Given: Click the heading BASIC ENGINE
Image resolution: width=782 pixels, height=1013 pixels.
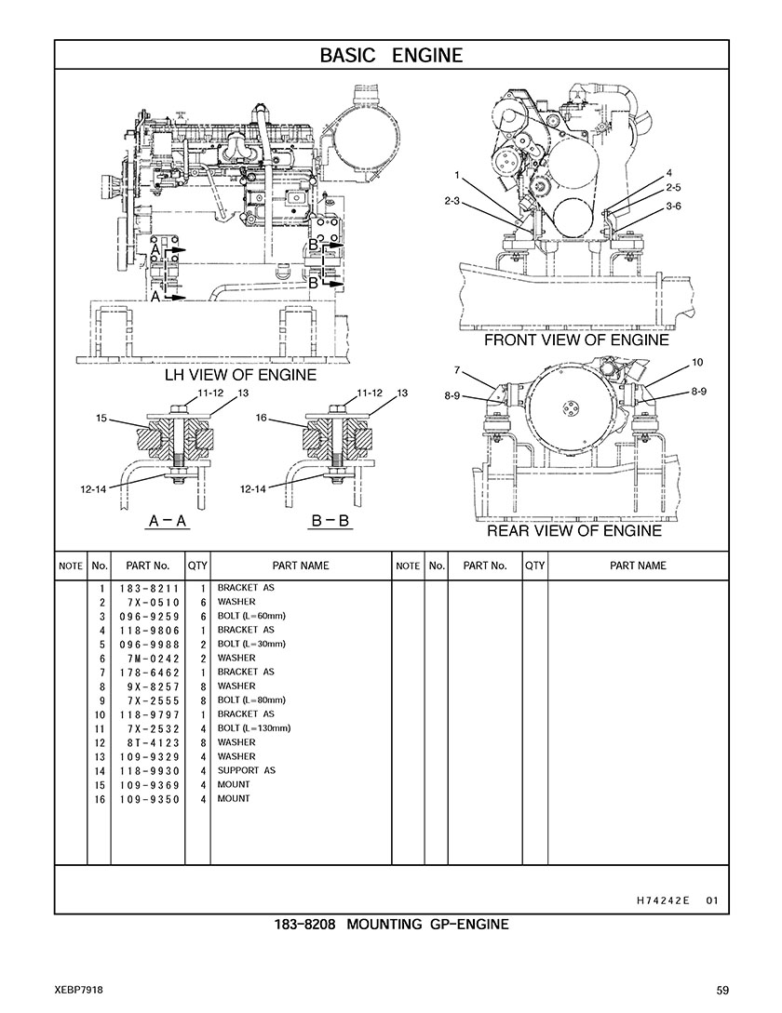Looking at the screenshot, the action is coord(391,56).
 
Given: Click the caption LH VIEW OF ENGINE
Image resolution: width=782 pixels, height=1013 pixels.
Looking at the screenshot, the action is coord(240,375).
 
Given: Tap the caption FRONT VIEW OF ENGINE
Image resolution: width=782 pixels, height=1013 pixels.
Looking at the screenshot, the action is coord(576,340).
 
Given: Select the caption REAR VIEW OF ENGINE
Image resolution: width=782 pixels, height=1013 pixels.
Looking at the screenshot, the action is coord(574,531).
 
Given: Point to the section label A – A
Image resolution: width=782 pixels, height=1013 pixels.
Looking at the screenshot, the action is coord(169,520).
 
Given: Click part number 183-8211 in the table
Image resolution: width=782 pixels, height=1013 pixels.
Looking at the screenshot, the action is coord(149,589).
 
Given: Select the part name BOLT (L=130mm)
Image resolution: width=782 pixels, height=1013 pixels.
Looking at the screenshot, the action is coord(254,728).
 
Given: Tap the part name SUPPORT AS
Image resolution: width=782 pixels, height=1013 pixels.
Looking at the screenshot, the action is coord(247,770).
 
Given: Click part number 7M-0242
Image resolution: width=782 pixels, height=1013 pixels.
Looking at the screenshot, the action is coord(154,659).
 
